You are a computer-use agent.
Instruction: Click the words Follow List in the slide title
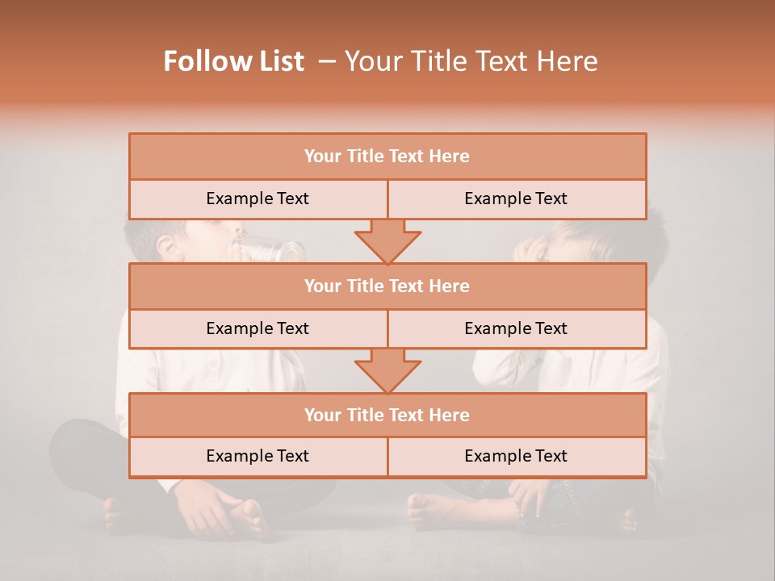(x=234, y=61)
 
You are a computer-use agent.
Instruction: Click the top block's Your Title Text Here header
(x=387, y=157)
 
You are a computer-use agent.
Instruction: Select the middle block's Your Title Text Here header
(x=387, y=286)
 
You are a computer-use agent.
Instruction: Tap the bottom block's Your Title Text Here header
(x=387, y=415)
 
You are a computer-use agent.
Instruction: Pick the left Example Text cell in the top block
(x=258, y=199)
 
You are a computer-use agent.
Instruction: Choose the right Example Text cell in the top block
(x=516, y=199)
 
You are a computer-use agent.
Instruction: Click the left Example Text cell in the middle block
(x=258, y=328)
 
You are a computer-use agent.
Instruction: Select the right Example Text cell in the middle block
(x=516, y=328)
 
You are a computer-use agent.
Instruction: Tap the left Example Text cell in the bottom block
(x=258, y=456)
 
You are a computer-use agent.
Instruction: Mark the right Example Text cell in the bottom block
(x=516, y=456)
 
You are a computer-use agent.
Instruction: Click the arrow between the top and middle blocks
(x=387, y=241)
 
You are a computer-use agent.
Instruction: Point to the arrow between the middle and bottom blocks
(x=387, y=370)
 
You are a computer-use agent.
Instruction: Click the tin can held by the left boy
(x=262, y=248)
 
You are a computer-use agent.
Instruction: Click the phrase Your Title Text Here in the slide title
(x=471, y=61)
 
